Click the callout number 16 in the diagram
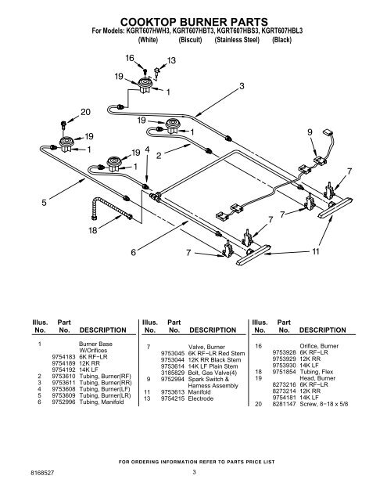click(x=130, y=58)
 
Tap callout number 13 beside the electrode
click(x=171, y=60)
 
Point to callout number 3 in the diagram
click(x=242, y=86)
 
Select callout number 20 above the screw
click(x=85, y=112)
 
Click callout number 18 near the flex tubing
click(x=92, y=230)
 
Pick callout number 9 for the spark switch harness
click(x=310, y=132)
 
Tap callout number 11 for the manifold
click(x=316, y=252)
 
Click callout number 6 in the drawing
click(x=134, y=252)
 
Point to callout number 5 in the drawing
click(x=44, y=203)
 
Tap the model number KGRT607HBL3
click(x=281, y=31)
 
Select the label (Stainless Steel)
click(x=237, y=40)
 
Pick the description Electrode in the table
click(x=201, y=398)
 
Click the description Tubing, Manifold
click(x=102, y=402)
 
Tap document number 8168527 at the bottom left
click(x=42, y=473)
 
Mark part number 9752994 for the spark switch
click(x=173, y=379)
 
